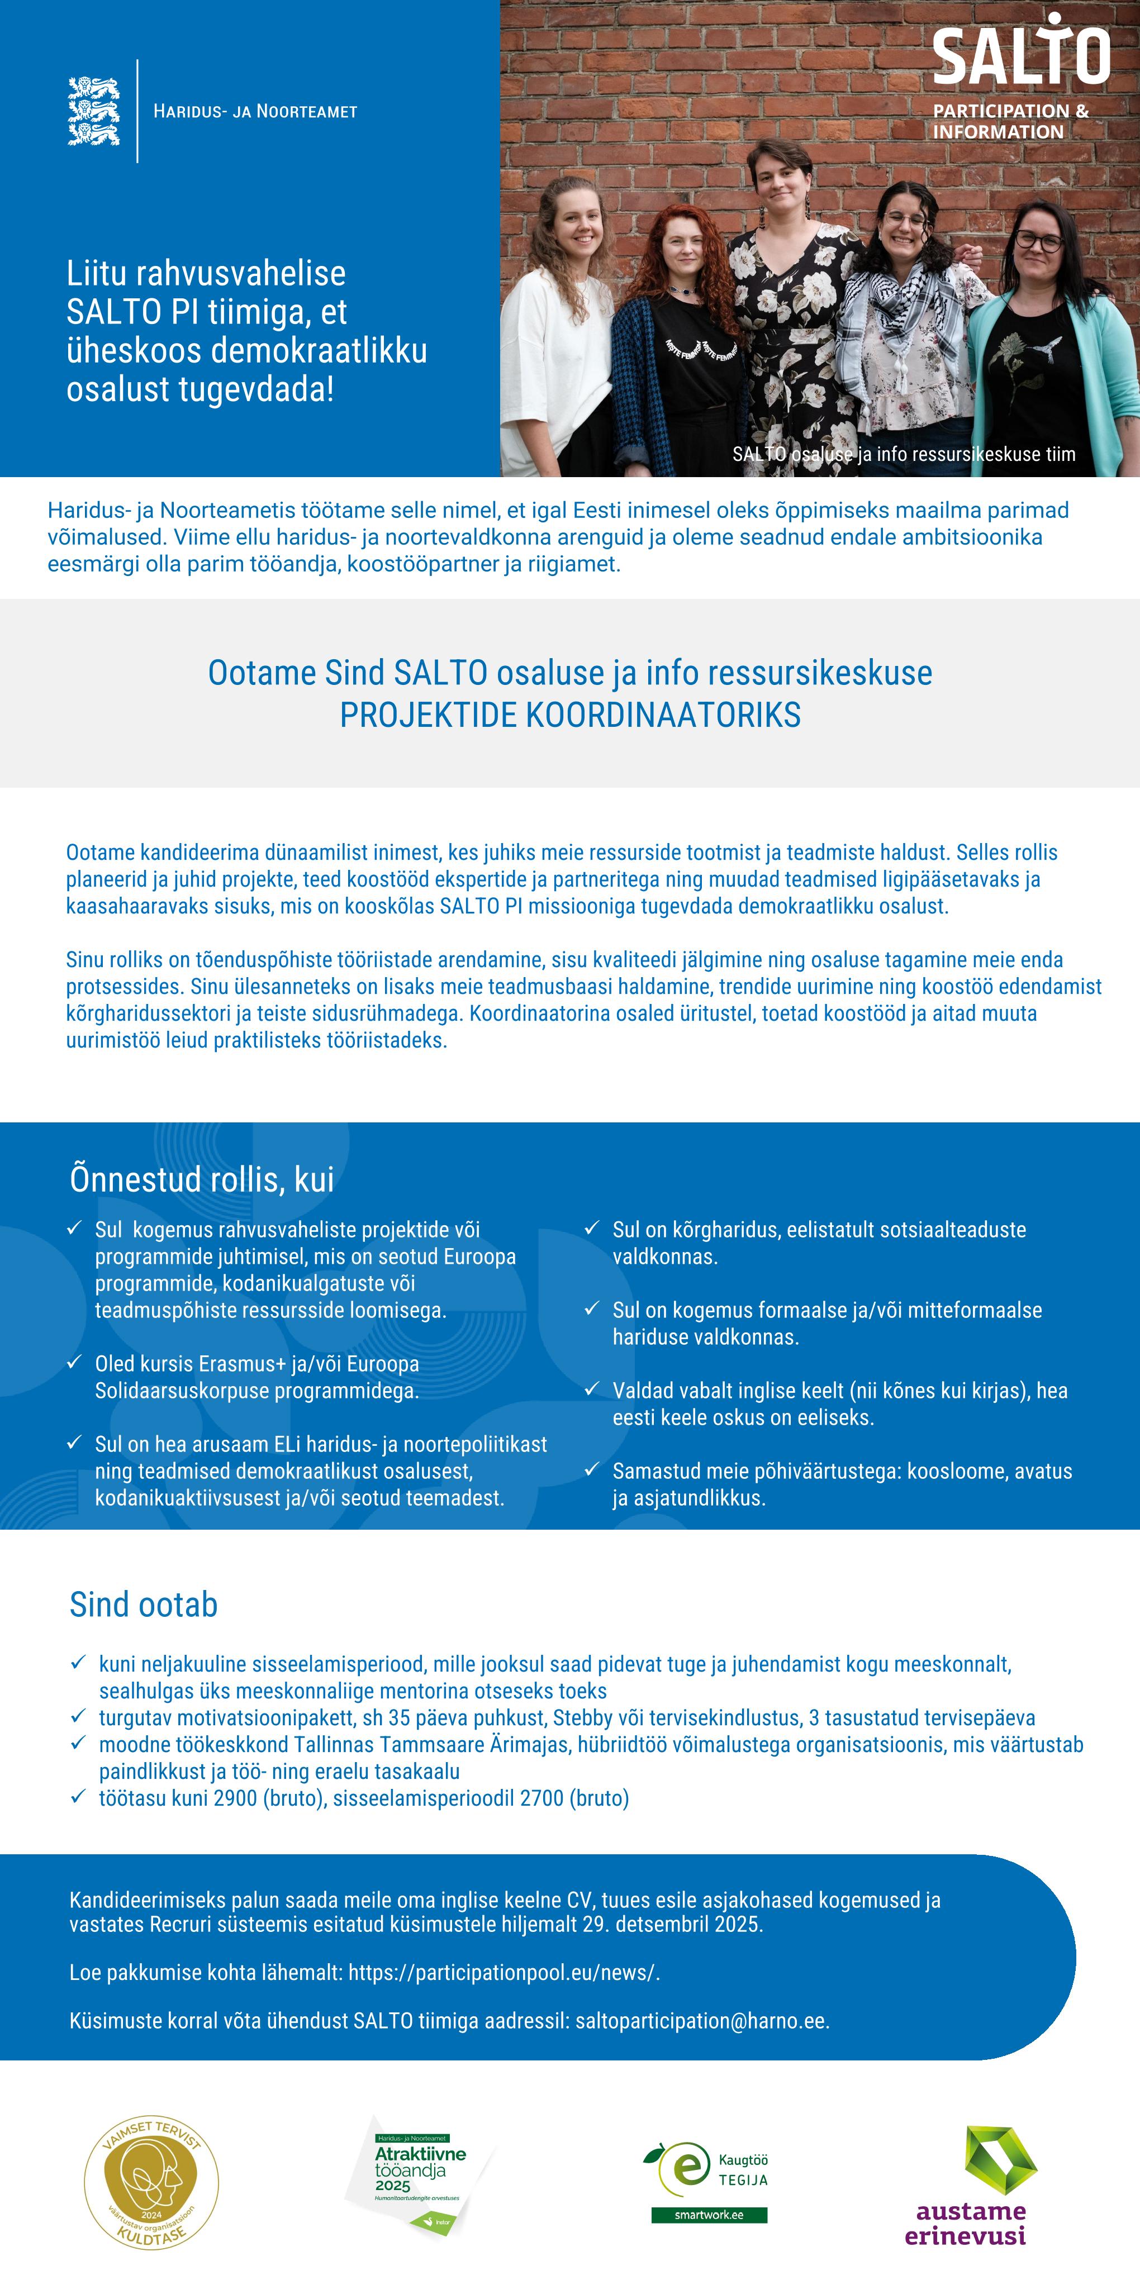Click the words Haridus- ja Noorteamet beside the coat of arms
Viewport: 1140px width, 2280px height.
point(255,112)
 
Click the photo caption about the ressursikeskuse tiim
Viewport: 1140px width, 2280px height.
point(904,454)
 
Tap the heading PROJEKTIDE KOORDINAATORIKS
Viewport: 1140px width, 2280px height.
point(570,715)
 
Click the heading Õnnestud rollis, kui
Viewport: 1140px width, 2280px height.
point(202,1180)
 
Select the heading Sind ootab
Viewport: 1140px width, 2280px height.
point(144,1605)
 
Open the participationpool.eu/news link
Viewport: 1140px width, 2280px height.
point(503,1973)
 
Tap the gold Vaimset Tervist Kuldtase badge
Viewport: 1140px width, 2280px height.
point(151,2182)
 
